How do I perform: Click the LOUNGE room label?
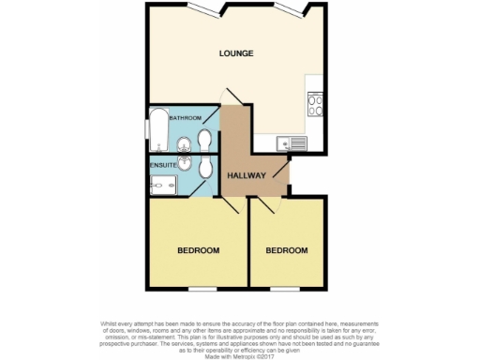pos(236,53)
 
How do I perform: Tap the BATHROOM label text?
pos(185,118)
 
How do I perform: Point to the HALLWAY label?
pos(248,175)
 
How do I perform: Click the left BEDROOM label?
pos(199,250)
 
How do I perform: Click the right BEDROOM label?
pos(286,250)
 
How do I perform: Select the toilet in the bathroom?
pos(204,141)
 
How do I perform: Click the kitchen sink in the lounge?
pos(292,143)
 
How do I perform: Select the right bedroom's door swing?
pos(272,209)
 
